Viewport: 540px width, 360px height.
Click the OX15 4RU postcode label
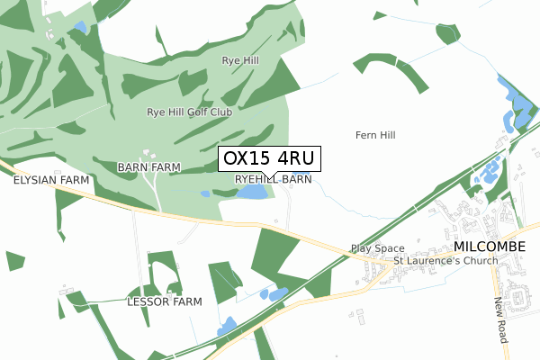[268, 158]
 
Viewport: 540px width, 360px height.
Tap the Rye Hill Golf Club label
[189, 112]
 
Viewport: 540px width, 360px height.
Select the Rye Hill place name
[240, 60]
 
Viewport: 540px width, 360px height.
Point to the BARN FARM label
[148, 167]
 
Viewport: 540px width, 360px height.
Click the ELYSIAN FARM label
[51, 180]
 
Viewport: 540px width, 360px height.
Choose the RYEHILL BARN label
[274, 180]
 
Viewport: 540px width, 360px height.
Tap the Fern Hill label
[375, 135]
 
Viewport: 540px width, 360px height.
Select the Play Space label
[377, 248]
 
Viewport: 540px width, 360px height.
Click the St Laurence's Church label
[445, 262]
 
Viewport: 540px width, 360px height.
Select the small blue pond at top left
[81, 27]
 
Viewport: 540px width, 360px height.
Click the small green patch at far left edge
[14, 261]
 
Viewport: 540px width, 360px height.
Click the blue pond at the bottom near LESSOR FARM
[226, 326]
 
